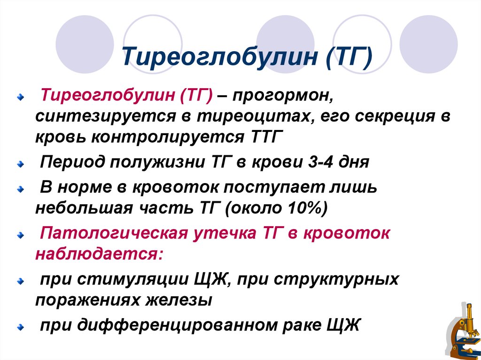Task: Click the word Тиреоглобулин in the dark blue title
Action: click(x=219, y=56)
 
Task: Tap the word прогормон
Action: click(x=282, y=95)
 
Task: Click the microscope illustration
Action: click(x=463, y=330)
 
